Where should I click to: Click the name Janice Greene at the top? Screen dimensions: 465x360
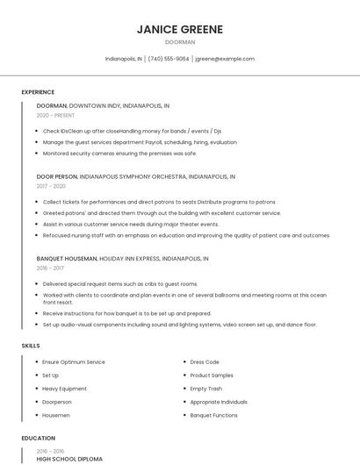[x=180, y=29]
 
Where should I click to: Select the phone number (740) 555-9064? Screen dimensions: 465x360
[x=169, y=59]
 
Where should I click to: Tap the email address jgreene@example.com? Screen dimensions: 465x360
[x=225, y=59]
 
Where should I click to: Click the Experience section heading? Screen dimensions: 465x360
[x=38, y=92]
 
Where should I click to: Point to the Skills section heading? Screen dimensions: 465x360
[x=31, y=346]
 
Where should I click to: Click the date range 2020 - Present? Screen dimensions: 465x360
[x=55, y=115]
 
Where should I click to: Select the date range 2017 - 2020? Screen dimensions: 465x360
[x=51, y=186]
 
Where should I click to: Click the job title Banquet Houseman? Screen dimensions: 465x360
[x=67, y=260]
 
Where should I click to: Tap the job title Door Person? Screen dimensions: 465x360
[x=57, y=176]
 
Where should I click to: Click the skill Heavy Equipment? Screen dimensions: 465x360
[x=64, y=389]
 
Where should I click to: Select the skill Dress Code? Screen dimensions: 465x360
[x=205, y=362]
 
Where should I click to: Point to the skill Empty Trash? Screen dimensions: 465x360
[x=206, y=389]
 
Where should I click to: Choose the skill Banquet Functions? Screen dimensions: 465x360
[x=213, y=415]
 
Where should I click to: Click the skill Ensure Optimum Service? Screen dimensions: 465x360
[x=73, y=362]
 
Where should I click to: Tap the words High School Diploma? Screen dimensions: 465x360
[x=69, y=459]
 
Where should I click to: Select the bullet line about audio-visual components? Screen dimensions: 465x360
[x=179, y=325]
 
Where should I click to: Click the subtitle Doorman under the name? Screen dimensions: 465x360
[x=180, y=42]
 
